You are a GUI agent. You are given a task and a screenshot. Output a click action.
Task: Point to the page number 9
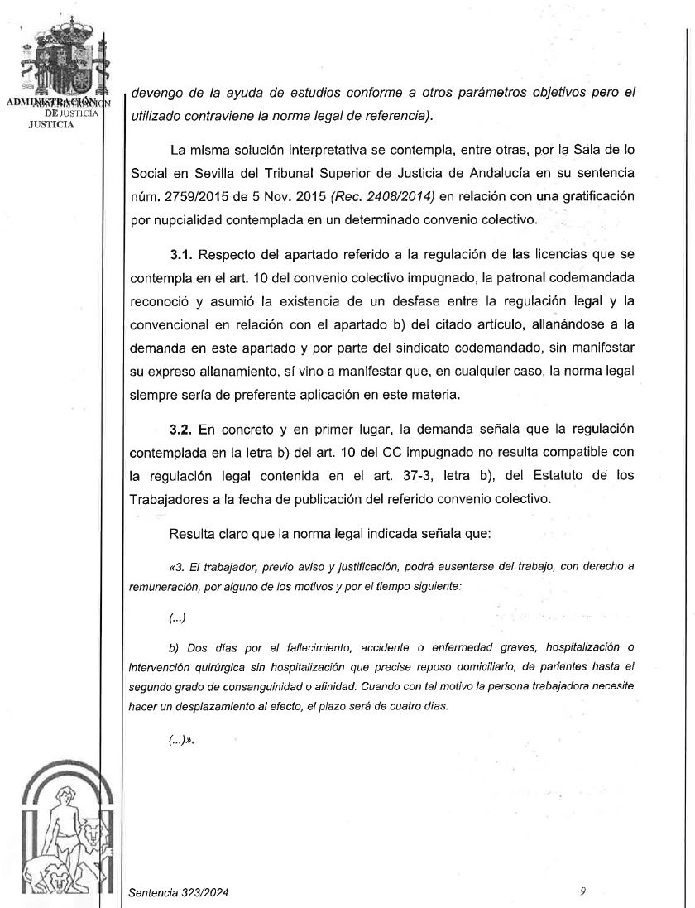[583, 891]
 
